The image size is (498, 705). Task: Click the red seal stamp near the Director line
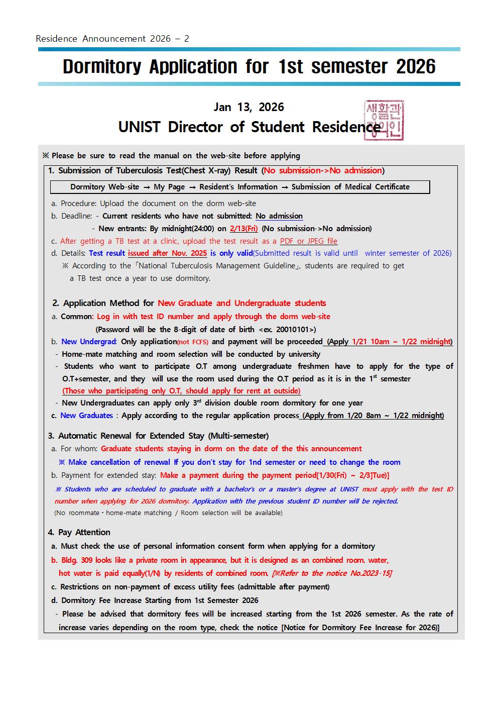pyautogui.click(x=384, y=120)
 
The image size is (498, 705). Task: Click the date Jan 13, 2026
pyautogui.click(x=248, y=107)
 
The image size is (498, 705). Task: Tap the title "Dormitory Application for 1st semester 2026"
pyautogui.click(x=249, y=67)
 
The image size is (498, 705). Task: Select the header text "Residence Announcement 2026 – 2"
pyautogui.click(x=112, y=39)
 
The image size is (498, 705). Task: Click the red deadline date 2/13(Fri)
pyautogui.click(x=243, y=229)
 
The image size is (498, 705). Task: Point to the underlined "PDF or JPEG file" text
pyautogui.click(x=309, y=241)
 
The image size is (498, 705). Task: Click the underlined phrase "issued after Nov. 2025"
pyautogui.click(x=167, y=253)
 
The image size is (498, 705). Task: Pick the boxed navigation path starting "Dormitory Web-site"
pyautogui.click(x=239, y=187)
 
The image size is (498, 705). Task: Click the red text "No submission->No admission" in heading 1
pyautogui.click(x=323, y=171)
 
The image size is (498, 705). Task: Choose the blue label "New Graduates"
pyautogui.click(x=87, y=416)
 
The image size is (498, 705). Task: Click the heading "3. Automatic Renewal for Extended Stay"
pyautogui.click(x=158, y=436)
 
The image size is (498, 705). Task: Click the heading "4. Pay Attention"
pyautogui.click(x=79, y=532)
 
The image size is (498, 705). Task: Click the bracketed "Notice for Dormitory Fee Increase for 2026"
pyautogui.click(x=360, y=628)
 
